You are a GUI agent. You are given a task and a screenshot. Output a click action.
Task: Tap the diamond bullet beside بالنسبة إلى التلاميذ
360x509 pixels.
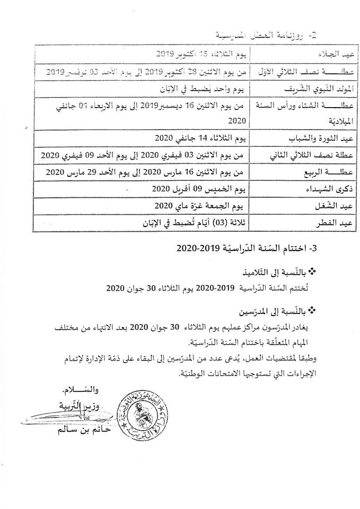pyautogui.click(x=312, y=271)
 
